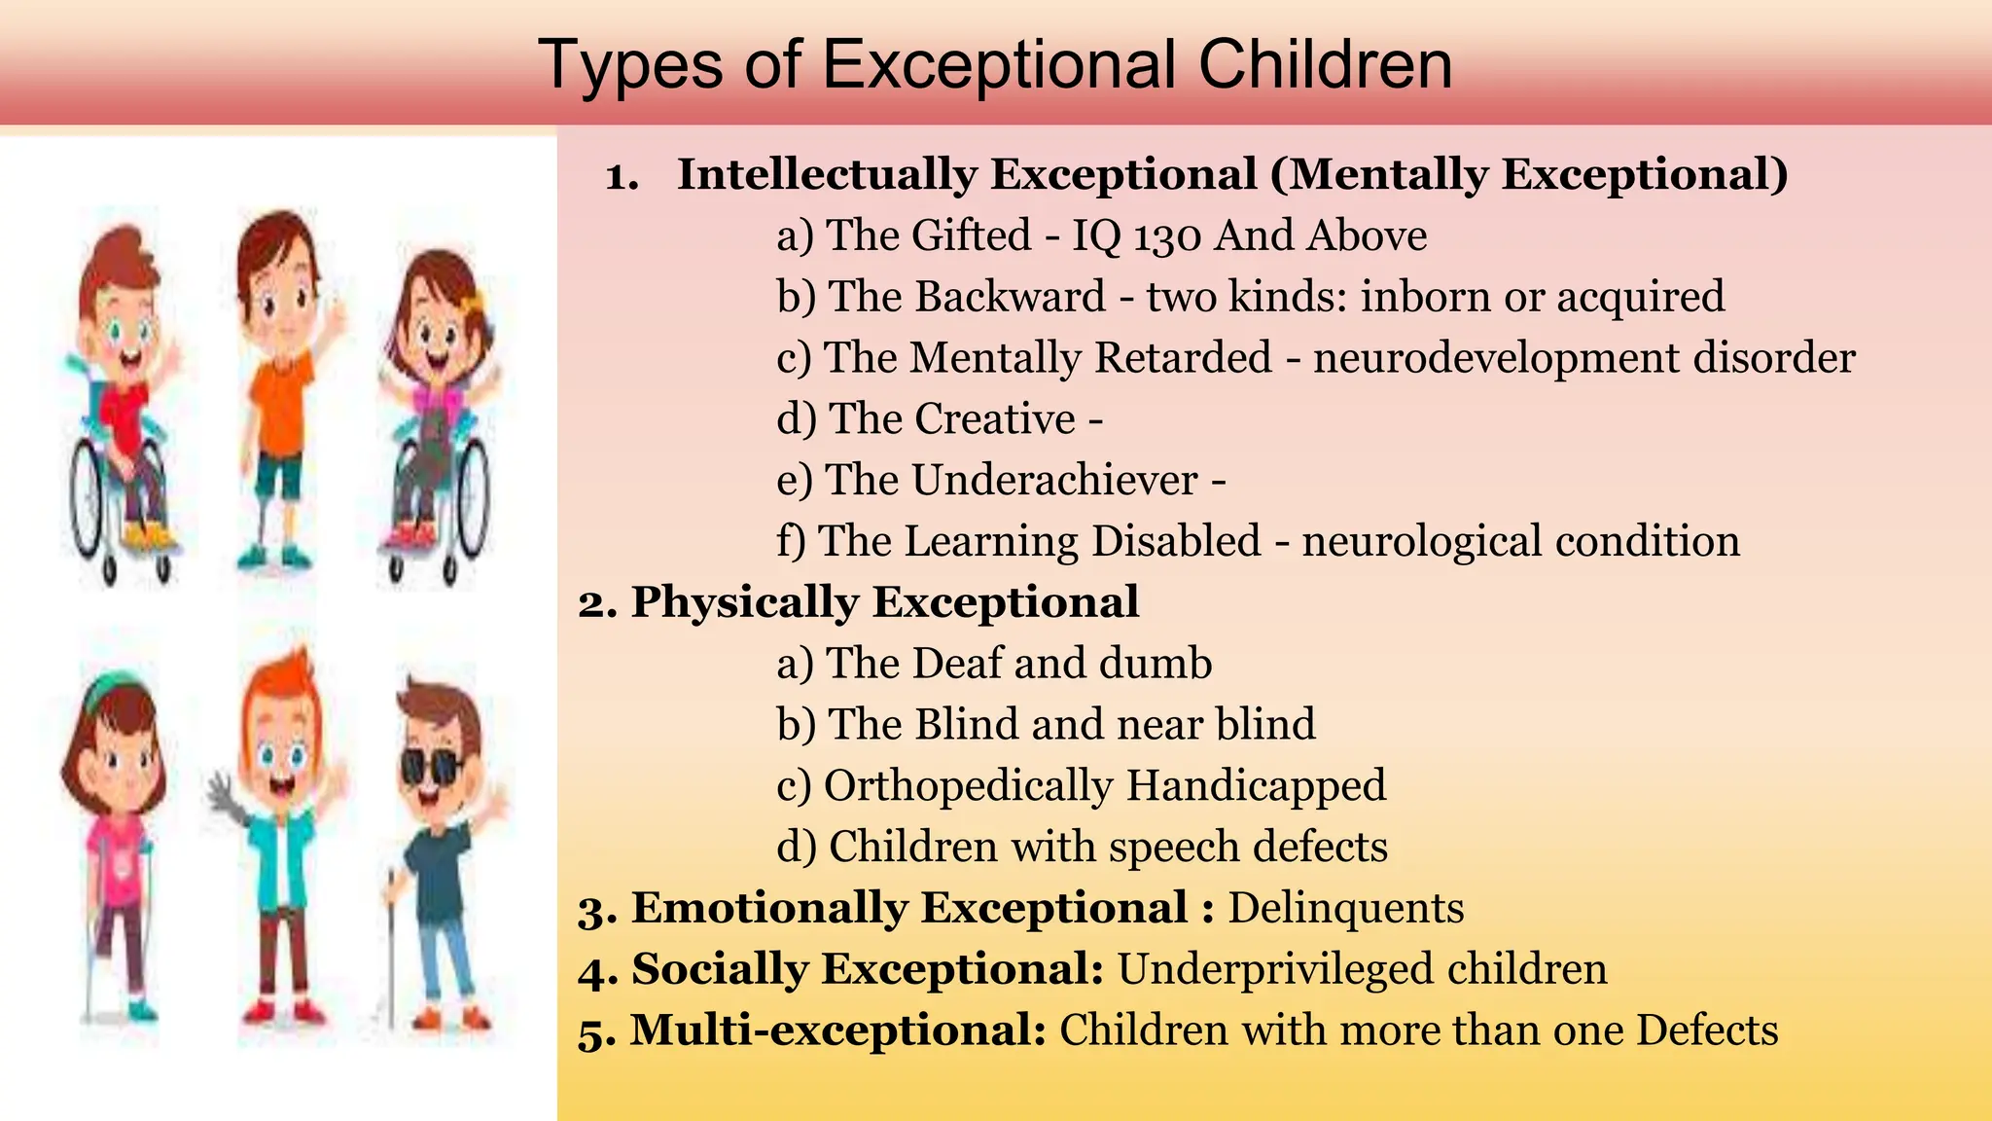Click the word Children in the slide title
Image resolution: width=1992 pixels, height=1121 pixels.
click(x=1325, y=64)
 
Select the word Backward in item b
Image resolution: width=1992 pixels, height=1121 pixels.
click(x=968, y=297)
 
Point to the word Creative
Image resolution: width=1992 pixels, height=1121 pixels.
click(x=995, y=419)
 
